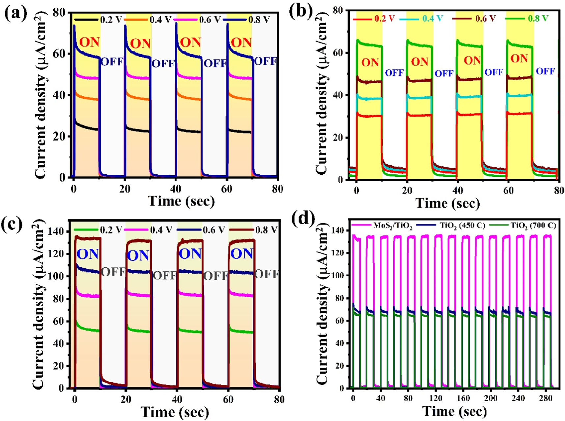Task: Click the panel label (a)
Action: point(15,14)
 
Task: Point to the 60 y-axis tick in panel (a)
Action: point(60,54)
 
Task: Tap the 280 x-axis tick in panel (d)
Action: point(546,398)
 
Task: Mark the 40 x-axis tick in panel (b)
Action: point(458,190)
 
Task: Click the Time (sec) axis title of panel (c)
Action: point(175,412)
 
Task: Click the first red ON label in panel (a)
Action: point(89,42)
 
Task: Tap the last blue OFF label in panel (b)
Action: point(545,71)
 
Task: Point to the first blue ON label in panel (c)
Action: point(88,254)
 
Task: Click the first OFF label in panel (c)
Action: point(113,272)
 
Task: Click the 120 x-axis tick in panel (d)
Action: point(436,398)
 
